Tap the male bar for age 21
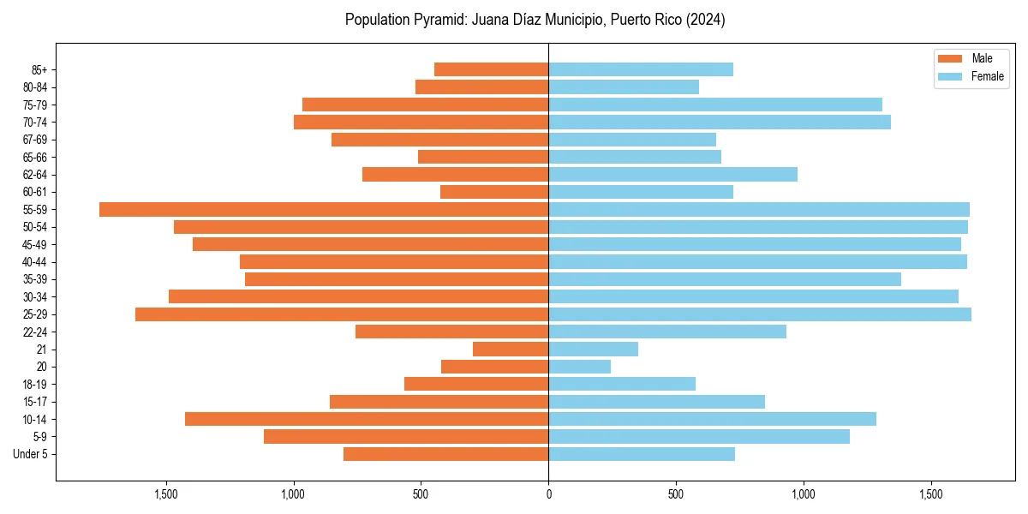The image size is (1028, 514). coord(511,350)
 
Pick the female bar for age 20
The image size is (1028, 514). coord(580,367)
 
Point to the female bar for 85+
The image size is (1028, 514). coord(641,69)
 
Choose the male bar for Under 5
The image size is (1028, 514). coord(445,454)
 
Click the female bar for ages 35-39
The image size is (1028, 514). coord(725,279)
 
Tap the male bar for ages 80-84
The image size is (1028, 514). coord(481,87)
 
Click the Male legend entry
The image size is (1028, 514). coord(970,58)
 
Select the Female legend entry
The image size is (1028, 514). coord(970,76)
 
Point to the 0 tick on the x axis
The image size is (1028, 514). coord(548,494)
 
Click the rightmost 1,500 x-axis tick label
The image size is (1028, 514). coord(931,494)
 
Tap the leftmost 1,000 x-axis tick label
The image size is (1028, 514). coord(293,494)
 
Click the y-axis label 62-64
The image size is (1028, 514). coord(34,174)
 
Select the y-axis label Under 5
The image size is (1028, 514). coord(30,454)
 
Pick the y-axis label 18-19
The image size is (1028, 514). coord(34,384)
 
